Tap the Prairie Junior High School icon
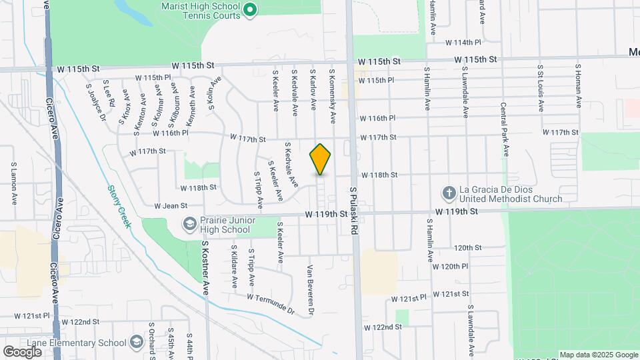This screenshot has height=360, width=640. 189,223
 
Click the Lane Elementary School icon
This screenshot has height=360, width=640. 137,343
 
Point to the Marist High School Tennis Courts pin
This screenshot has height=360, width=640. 249,9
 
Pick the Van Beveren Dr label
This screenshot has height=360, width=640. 310,290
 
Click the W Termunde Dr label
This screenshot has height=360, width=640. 271,303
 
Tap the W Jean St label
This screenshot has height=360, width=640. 169,206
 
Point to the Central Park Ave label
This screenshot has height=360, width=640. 505,129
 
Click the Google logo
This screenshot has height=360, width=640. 22,351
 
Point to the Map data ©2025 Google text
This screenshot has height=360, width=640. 598,355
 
